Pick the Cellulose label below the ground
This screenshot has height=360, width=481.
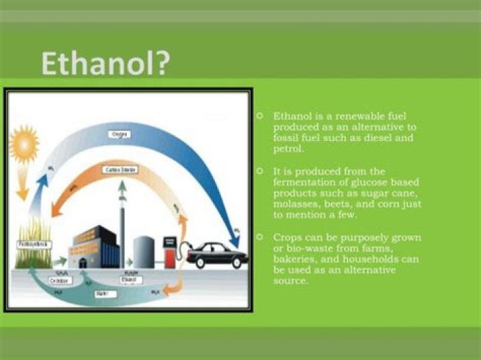[x=61, y=281]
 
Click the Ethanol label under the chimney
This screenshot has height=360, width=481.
[x=128, y=279]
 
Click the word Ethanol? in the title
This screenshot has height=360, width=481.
[x=106, y=64]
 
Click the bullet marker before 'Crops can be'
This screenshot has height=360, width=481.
[x=259, y=237]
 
